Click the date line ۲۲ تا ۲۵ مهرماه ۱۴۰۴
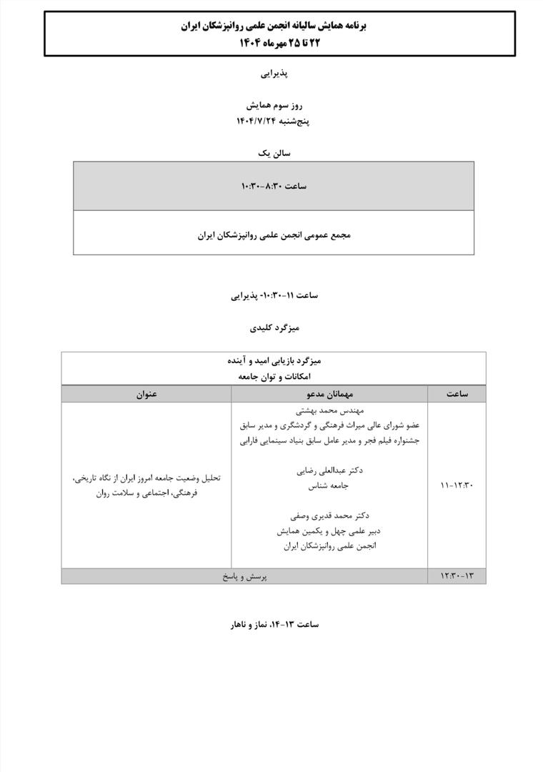point(273,41)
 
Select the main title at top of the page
point(273,26)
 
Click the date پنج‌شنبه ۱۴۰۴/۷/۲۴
point(273,121)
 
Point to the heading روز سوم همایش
point(273,105)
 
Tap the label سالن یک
point(274,152)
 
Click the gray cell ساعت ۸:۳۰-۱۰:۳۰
point(274,186)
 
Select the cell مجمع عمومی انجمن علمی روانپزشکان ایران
point(274,234)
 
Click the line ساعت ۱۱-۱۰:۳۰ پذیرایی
point(274,295)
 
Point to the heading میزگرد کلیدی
point(274,327)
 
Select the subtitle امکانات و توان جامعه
point(274,376)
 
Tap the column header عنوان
point(146,394)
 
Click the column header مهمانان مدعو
point(329,394)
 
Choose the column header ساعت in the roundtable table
point(457,394)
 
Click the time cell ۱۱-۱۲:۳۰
point(457,485)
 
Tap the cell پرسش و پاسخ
point(244,575)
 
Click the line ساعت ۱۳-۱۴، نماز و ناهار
point(274,624)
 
